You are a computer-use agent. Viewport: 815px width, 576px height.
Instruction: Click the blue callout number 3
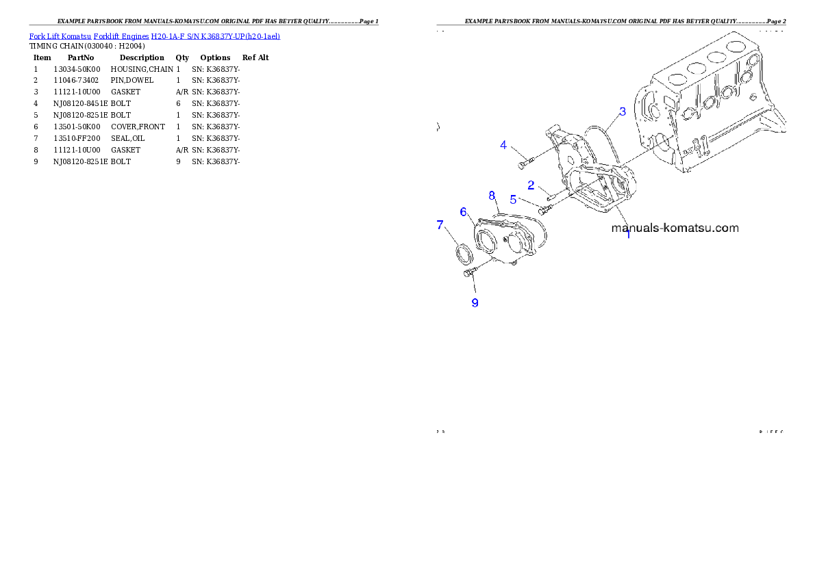click(622, 112)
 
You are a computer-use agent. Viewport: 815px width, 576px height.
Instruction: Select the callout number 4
click(503, 145)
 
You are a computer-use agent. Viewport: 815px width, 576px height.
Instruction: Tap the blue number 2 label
click(531, 185)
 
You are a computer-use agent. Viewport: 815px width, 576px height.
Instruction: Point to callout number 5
click(512, 200)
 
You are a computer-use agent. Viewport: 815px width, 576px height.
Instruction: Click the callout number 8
click(492, 196)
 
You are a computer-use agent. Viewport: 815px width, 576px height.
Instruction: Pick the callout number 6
click(463, 212)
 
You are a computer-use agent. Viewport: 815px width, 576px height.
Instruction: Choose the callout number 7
click(440, 224)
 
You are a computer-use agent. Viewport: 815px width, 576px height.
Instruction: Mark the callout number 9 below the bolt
click(475, 302)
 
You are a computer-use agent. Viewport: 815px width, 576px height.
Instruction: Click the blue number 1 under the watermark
click(628, 235)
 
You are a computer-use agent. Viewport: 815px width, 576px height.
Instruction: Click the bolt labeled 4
click(524, 163)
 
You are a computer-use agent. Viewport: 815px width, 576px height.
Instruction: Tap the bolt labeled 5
click(546, 209)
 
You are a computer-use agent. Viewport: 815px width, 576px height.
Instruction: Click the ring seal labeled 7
click(464, 252)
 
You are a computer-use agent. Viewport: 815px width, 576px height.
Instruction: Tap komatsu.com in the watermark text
click(705, 228)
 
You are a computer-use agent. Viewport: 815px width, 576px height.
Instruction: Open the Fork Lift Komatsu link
click(60, 36)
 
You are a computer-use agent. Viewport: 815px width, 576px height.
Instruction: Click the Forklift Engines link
click(121, 36)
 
